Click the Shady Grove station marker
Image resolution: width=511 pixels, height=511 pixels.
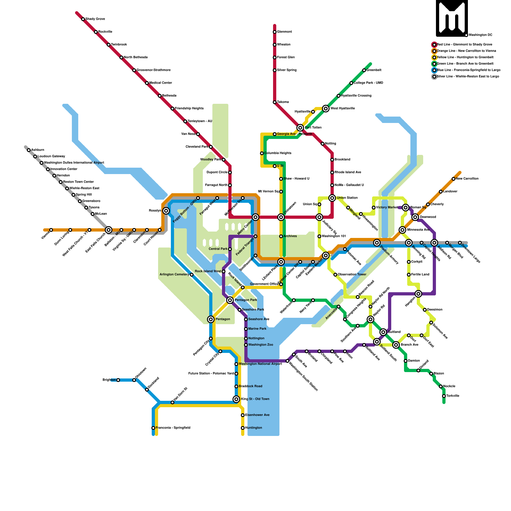(x=83, y=19)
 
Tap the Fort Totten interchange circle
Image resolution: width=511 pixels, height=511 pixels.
(x=300, y=128)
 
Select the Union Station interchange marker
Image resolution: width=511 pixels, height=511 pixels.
(x=332, y=198)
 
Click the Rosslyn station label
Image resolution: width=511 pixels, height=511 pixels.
(x=155, y=211)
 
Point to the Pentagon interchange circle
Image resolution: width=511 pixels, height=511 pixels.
(x=211, y=319)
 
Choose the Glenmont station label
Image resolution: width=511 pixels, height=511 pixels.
(x=284, y=32)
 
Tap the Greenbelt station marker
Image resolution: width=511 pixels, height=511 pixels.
(x=364, y=70)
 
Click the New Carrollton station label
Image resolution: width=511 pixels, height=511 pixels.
(x=467, y=179)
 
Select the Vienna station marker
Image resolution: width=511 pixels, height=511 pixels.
(x=51, y=230)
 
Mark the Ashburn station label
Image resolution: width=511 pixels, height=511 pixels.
(x=38, y=150)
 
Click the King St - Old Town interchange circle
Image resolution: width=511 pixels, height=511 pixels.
(x=236, y=399)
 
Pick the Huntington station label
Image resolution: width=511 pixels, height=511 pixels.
(x=254, y=428)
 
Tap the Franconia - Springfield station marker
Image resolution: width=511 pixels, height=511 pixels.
(x=153, y=428)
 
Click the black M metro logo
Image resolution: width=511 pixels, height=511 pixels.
(x=452, y=18)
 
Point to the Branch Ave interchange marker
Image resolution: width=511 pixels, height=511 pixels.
(x=396, y=345)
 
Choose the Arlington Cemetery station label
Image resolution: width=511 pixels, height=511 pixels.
(x=174, y=275)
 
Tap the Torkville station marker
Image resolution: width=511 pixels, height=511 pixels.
(x=444, y=396)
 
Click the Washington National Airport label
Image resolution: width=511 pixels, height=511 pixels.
(x=260, y=364)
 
